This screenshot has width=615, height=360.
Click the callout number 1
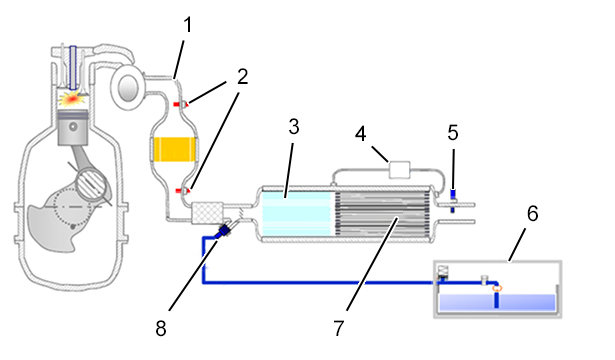coord(188,24)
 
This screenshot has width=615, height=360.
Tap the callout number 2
coord(242,77)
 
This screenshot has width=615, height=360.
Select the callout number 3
coord(293,127)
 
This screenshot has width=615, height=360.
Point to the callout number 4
coord(360,134)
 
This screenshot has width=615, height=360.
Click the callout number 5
coord(453,133)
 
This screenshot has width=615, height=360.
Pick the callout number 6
coord(532,214)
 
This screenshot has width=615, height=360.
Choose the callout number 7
coord(339,328)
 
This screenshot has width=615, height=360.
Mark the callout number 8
coord(161,328)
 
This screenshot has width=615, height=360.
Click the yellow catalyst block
coord(175,149)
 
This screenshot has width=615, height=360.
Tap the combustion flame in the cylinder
coord(73,99)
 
